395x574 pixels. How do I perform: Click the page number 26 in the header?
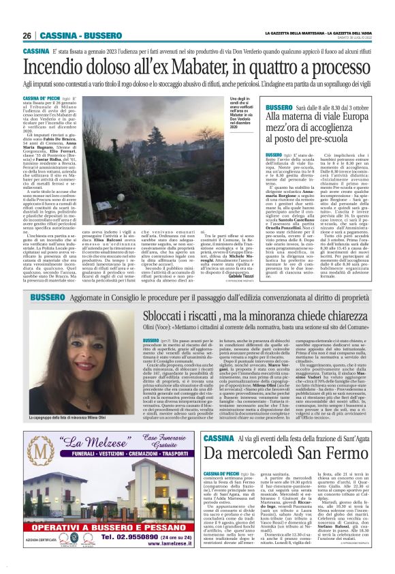(27, 35)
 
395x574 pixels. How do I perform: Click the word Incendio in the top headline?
(59, 67)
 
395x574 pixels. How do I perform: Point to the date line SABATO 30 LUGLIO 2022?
(354, 38)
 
